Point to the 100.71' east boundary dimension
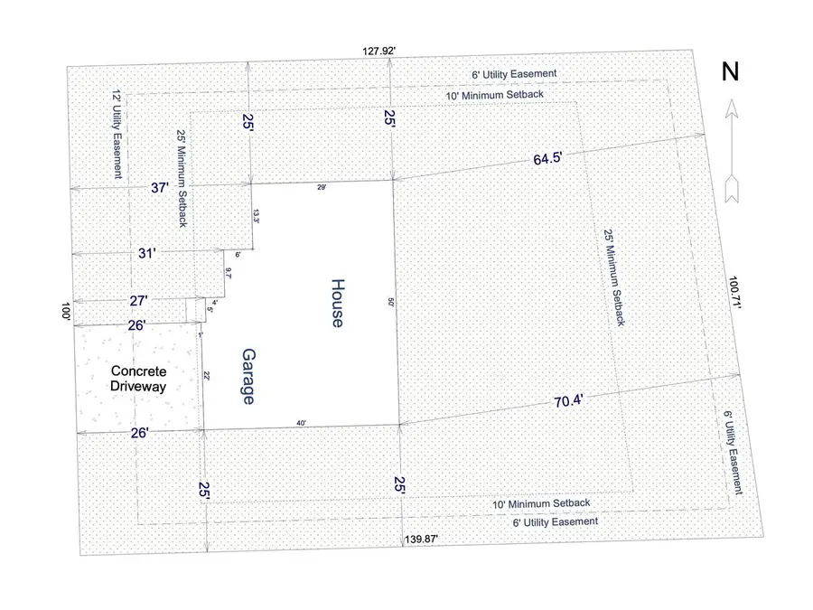pos(736,295)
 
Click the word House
pos(336,303)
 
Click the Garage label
pos(246,375)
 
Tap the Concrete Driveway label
pos(139,379)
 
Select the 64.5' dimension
pos(547,159)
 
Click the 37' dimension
pos(159,187)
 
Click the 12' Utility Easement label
pos(116,133)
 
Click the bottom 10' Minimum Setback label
pos(540,502)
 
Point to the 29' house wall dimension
pos(321,185)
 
